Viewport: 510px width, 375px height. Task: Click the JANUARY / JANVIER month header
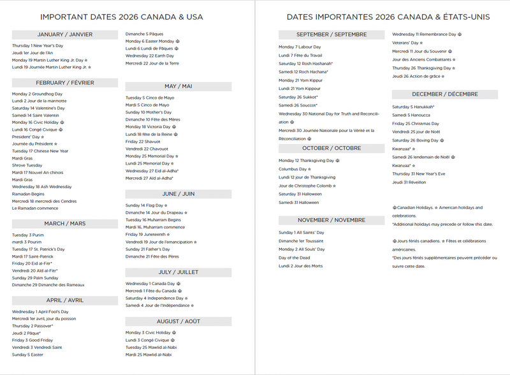click(64, 34)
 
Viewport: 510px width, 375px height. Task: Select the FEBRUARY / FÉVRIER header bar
click(64, 83)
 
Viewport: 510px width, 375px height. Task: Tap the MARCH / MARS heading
click(64, 224)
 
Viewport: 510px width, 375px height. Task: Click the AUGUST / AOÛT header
click(178, 321)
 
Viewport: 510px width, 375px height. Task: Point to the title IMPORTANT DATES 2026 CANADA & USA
click(121, 17)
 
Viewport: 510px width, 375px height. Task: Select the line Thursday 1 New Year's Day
click(38, 46)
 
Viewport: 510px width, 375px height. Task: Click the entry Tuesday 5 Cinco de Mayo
click(150, 98)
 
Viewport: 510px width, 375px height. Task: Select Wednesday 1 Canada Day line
click(150, 283)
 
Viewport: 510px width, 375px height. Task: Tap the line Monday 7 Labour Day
click(300, 47)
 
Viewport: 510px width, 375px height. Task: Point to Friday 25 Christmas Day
click(416, 123)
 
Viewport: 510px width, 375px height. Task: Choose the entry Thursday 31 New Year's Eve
click(419, 173)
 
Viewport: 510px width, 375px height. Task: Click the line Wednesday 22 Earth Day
click(149, 55)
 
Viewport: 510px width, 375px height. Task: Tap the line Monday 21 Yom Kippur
click(300, 80)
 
